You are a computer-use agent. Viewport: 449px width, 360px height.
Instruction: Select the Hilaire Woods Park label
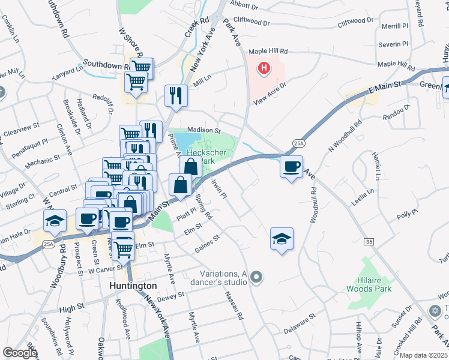click(368, 284)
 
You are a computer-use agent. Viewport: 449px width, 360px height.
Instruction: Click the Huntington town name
click(133, 286)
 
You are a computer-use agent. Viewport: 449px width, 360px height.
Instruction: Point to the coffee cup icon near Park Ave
click(292, 166)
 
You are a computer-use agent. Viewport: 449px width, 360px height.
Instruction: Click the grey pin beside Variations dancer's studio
click(256, 277)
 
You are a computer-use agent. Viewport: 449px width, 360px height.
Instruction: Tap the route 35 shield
click(369, 241)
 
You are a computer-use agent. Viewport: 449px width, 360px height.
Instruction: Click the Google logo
click(20, 353)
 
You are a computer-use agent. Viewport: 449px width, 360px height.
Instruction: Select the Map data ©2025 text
click(424, 355)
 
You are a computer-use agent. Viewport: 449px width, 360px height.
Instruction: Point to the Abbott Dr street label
click(244, 8)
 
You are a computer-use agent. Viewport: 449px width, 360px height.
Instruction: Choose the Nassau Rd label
click(234, 305)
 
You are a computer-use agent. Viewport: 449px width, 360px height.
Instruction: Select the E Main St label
click(384, 88)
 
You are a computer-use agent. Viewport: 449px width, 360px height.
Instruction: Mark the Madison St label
click(204, 130)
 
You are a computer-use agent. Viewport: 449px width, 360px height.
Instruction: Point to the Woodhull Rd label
click(313, 204)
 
